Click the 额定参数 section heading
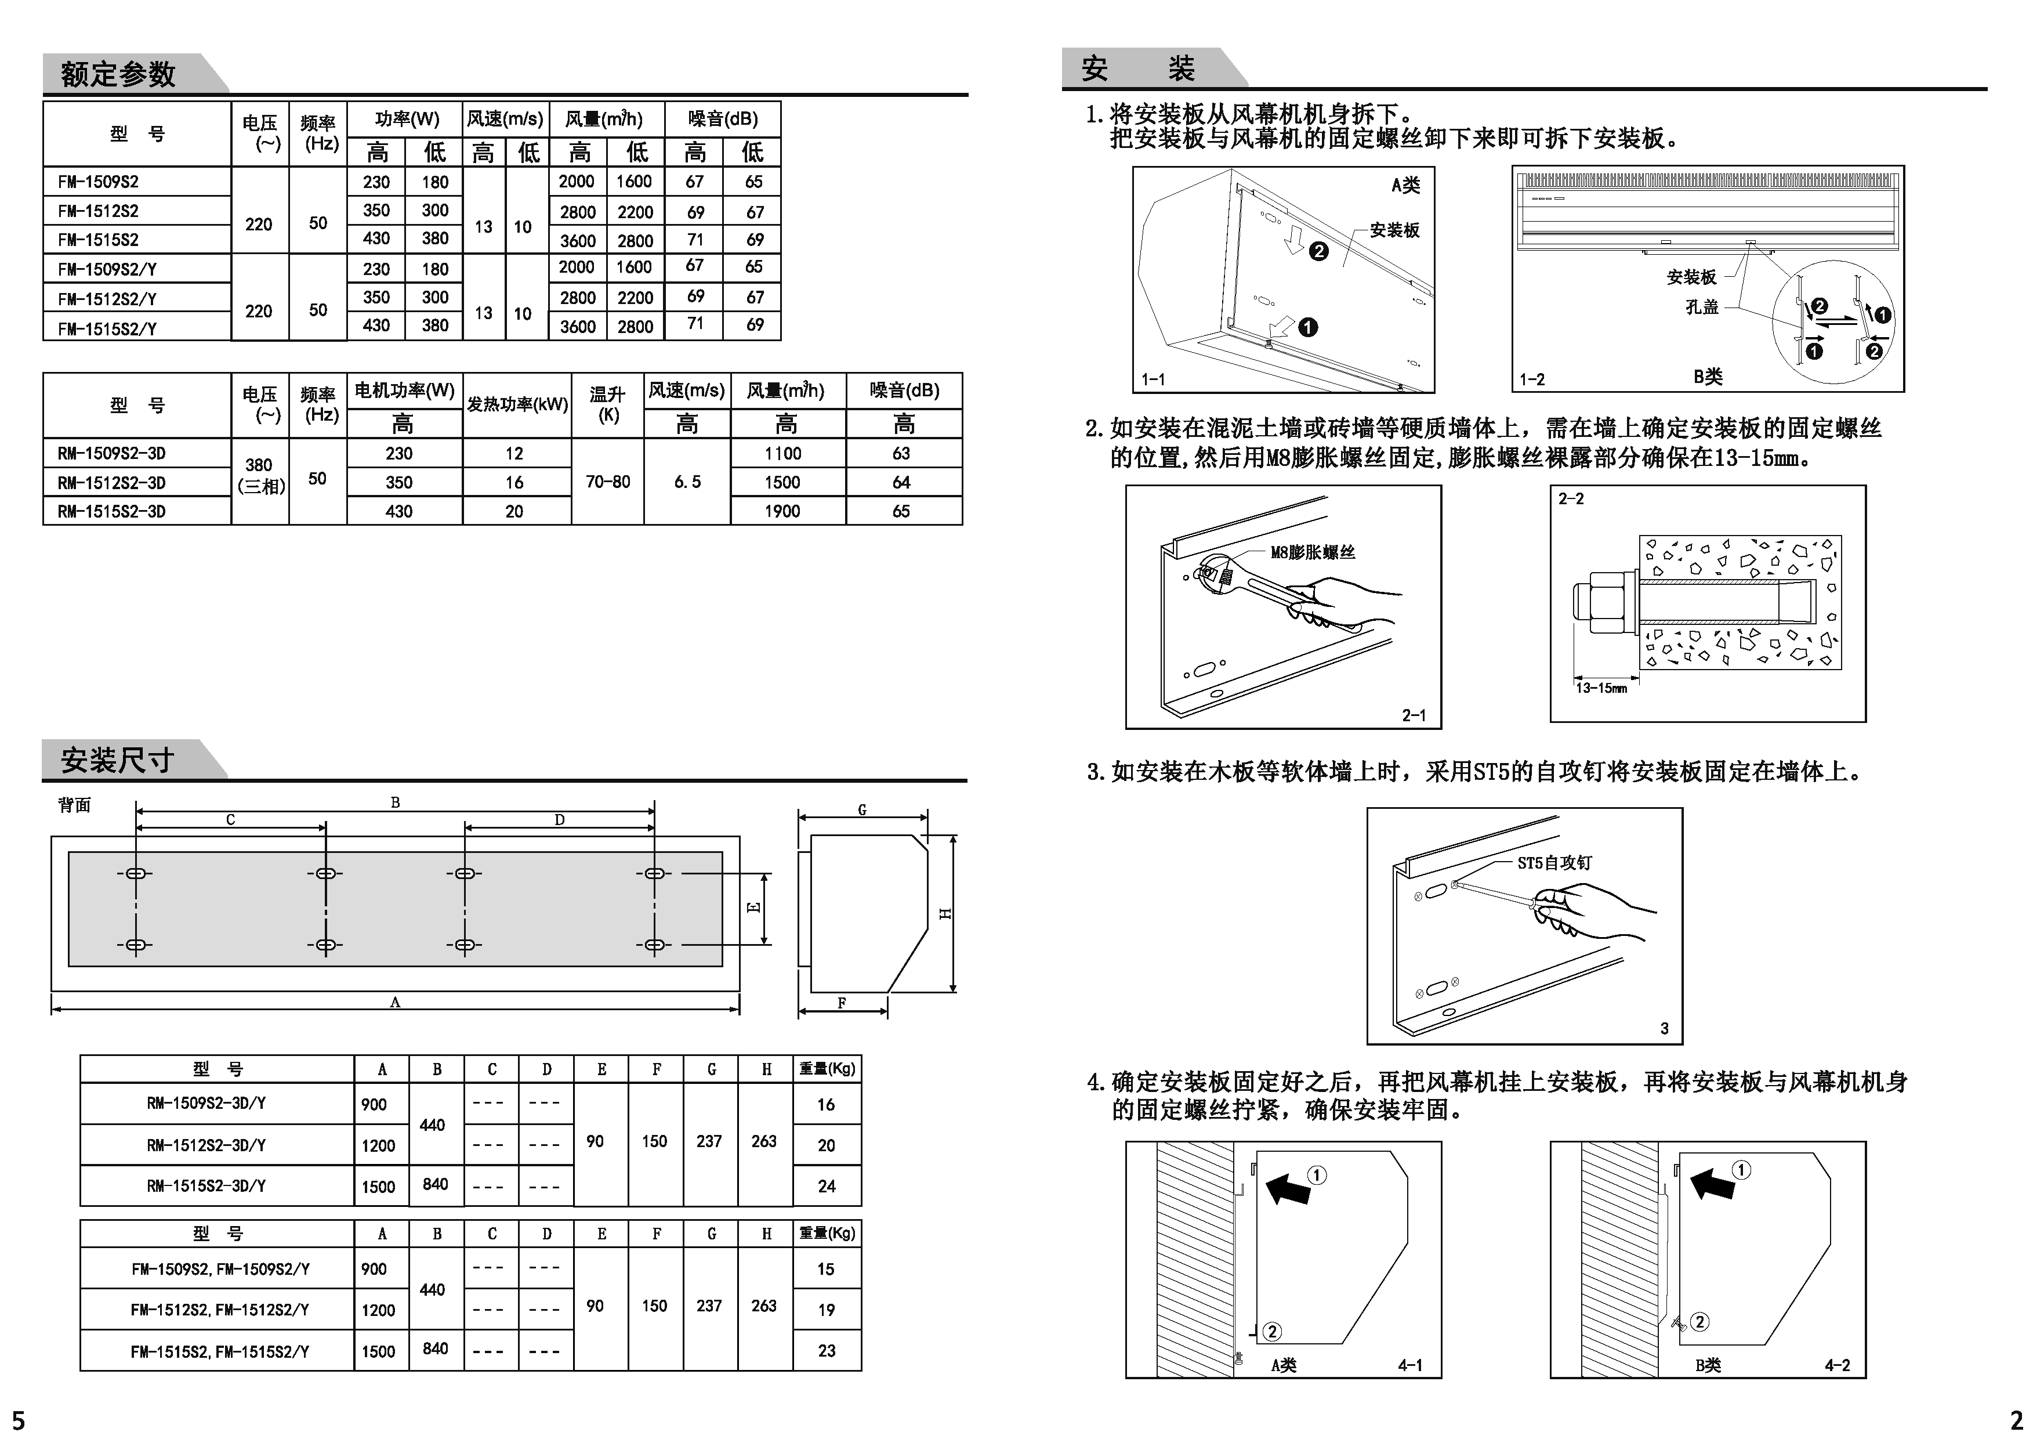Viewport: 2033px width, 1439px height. [x=118, y=74]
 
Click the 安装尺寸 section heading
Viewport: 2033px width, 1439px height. [x=117, y=760]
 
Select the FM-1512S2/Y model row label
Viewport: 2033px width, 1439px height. [x=107, y=299]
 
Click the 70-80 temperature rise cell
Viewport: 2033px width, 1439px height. [x=608, y=482]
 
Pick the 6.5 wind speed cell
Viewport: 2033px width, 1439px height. [x=687, y=482]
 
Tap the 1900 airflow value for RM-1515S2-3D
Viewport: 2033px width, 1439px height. [x=782, y=511]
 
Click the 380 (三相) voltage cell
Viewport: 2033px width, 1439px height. [x=259, y=476]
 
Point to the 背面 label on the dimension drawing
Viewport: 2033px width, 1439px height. [x=74, y=805]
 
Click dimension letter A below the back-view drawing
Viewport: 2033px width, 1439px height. [x=395, y=1002]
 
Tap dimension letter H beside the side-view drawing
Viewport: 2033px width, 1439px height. [x=945, y=913]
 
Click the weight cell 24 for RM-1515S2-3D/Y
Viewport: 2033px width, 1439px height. [x=825, y=1185]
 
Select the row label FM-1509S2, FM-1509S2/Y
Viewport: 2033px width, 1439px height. [x=220, y=1269]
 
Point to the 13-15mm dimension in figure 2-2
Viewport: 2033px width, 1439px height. [x=1601, y=688]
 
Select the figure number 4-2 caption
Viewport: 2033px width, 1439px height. [x=1836, y=1365]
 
